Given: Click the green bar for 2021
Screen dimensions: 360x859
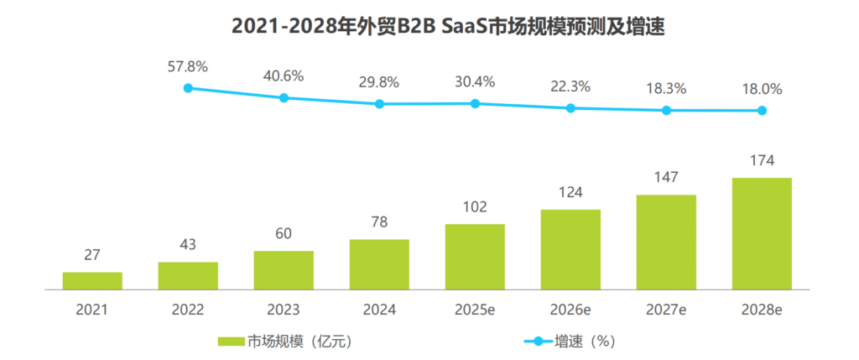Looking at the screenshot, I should tap(92, 280).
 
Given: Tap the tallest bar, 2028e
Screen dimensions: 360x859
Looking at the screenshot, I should tap(762, 233).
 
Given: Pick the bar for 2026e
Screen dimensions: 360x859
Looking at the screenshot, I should tap(570, 249).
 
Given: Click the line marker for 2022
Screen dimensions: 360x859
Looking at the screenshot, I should tap(188, 87).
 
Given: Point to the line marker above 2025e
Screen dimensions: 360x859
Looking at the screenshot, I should tap(475, 103).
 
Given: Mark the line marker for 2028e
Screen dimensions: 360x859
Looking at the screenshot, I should tap(762, 110).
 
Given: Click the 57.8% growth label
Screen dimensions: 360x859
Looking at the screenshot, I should tap(188, 65).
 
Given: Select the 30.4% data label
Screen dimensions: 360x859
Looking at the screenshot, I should tap(475, 81).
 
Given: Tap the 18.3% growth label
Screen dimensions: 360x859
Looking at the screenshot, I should tap(666, 88).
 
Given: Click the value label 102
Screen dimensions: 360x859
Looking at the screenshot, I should tap(475, 207).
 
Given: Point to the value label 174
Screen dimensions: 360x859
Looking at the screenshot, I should tap(762, 160).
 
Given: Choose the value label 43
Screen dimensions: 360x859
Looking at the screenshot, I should tap(188, 245).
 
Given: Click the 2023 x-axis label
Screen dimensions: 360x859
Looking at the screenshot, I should tap(284, 310).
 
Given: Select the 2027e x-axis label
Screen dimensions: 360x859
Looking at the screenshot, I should tap(666, 310).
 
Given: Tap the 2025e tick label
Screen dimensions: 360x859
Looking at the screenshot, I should tap(475, 310).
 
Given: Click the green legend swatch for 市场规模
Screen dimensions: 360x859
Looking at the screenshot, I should tap(231, 342).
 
